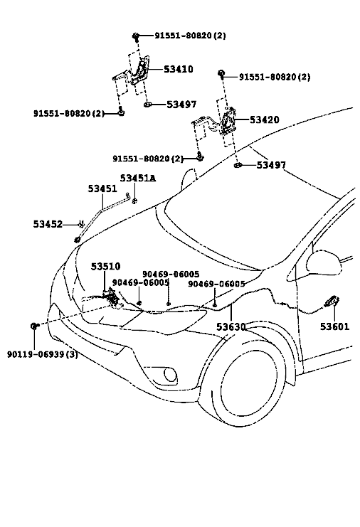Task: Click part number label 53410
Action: pos(179,69)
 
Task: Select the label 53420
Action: pos(264,119)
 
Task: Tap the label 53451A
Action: pos(138,178)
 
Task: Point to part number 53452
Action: pos(48,224)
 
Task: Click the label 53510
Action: pos(105,267)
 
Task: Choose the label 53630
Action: pos(231,326)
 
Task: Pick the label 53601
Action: pos(334,326)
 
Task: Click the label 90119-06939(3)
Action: pos(43,354)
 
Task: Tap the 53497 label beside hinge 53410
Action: pos(181,105)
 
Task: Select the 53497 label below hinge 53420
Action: pos(271,165)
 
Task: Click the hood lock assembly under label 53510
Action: pos(112,297)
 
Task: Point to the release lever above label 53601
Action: pos(332,302)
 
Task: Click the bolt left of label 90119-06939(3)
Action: pos(34,326)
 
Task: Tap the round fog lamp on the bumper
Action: pos(170,375)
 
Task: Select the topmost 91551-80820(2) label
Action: pos(190,36)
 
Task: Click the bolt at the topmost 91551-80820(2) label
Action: pos(136,36)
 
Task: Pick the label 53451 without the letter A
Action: pos(102,188)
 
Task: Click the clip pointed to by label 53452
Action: pos(80,224)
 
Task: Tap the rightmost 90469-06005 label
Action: pos(216,284)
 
